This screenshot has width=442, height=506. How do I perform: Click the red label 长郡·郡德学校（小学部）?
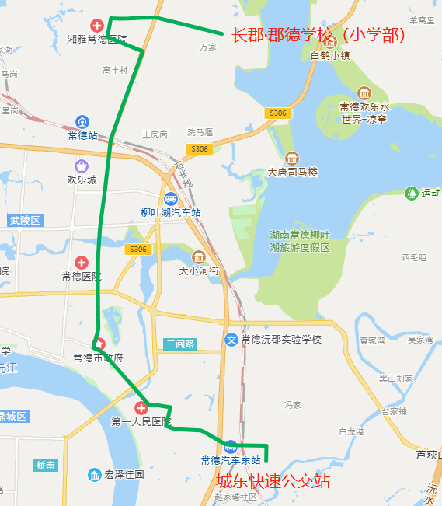[318, 36]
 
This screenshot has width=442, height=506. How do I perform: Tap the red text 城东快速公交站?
[273, 482]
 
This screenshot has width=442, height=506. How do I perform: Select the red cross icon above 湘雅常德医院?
[98, 26]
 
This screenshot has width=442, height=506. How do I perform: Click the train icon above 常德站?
[82, 122]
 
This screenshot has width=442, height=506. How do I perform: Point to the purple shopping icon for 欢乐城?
[82, 166]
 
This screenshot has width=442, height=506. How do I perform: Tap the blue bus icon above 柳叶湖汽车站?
[170, 199]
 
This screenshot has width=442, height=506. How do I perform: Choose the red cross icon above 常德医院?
[82, 263]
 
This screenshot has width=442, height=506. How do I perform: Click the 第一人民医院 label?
[141, 422]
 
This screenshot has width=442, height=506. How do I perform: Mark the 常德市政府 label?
[98, 358]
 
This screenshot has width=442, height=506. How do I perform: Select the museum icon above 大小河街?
[198, 257]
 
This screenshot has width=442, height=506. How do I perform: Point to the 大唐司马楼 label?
[292, 172]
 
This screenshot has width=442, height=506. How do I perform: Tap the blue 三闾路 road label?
[180, 344]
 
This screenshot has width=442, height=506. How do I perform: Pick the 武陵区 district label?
[25, 221]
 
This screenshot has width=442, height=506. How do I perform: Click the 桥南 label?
[46, 466]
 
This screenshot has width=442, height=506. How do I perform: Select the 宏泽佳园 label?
[124, 474]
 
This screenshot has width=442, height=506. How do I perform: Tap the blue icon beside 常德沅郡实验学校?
[231, 340]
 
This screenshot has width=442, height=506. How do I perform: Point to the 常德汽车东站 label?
[230, 460]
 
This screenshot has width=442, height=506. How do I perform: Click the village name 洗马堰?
[200, 132]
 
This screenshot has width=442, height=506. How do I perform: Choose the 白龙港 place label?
[353, 431]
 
